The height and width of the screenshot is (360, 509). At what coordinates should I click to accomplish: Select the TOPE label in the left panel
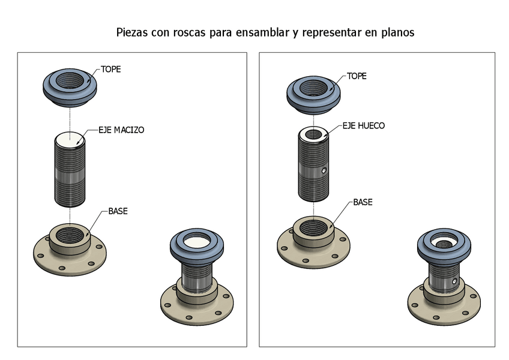point(110,70)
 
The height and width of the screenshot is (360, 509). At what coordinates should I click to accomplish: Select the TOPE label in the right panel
point(357,77)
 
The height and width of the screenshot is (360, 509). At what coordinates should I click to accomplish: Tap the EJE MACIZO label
point(121,130)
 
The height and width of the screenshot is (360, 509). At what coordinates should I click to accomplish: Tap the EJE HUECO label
point(364,126)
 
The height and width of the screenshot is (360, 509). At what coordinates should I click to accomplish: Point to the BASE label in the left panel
point(118,212)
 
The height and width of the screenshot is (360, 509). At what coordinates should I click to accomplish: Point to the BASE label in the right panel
point(363,203)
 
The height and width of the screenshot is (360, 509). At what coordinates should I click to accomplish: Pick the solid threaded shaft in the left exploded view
point(70,174)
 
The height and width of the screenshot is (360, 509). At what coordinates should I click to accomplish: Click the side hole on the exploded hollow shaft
point(324,171)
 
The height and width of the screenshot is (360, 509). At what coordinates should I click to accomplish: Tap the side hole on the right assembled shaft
point(454,281)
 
